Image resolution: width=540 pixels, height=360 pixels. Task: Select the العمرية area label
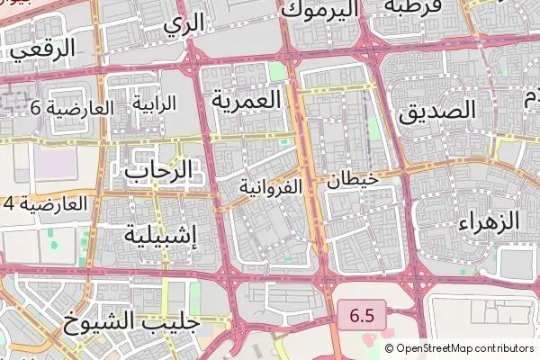pos(247,99)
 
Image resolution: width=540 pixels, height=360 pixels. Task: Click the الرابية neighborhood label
pos(155,103)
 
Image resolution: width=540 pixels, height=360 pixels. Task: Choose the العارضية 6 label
pos(72,108)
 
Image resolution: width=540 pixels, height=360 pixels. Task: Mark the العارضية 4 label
pos(45,203)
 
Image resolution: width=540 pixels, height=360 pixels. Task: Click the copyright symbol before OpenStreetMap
pos(389,348)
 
